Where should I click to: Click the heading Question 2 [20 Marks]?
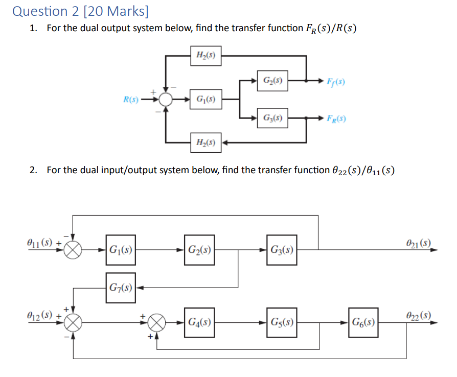pyautogui.click(x=78, y=11)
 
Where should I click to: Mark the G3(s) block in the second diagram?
pyautogui.click(x=281, y=250)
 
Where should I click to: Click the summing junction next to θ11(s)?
pyautogui.click(x=75, y=250)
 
